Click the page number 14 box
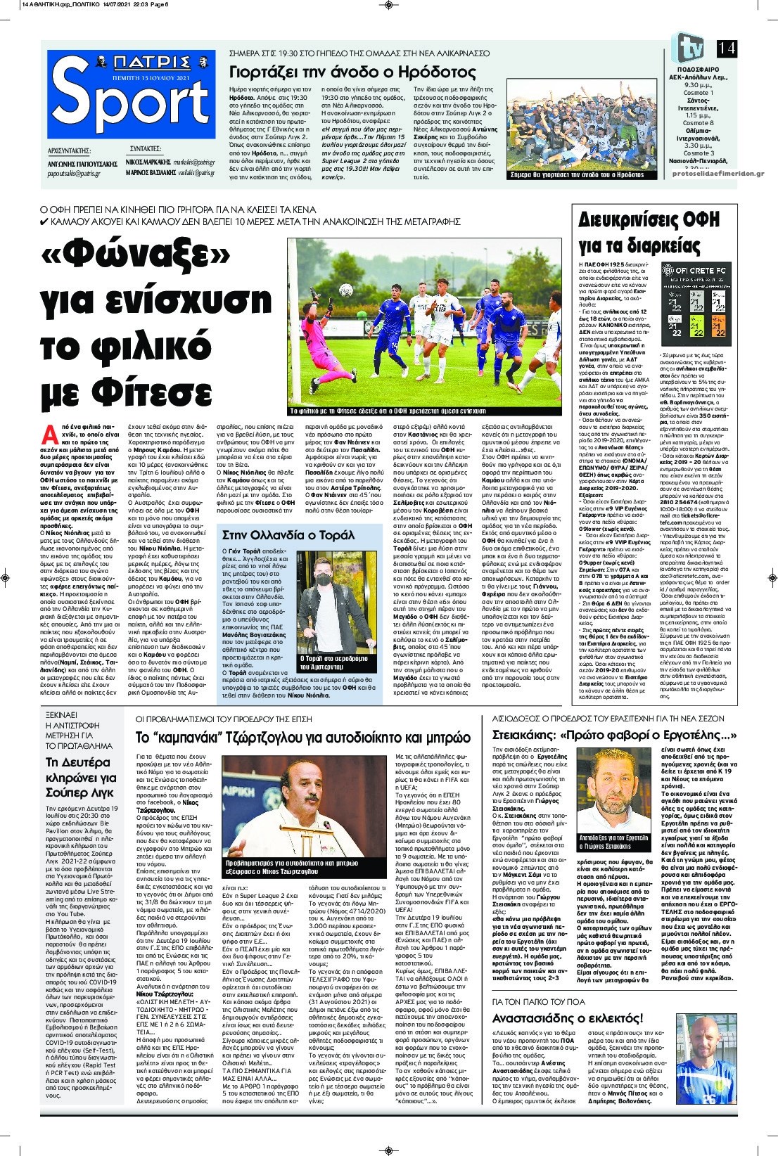[727, 48]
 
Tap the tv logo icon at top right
[689, 48]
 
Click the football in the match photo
[346, 290]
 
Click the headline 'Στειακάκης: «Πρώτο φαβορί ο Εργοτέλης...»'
[613, 736]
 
